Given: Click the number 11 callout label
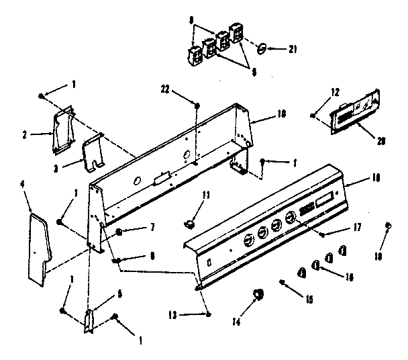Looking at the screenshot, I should (206, 195).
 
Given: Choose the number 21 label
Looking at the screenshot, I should (293, 49).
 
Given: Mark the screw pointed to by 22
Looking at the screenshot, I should (196, 104).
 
